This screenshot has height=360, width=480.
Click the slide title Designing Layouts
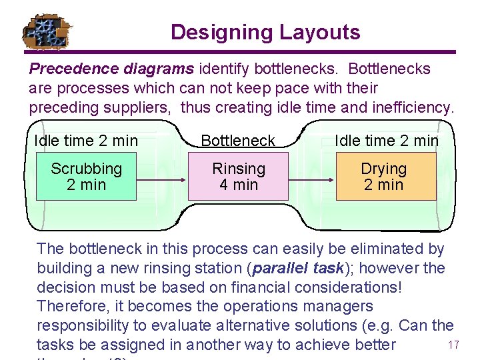pyautogui.click(x=265, y=32)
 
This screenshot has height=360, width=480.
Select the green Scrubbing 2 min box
pyautogui.click(x=86, y=177)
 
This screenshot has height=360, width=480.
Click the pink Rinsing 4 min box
pyautogui.click(x=238, y=177)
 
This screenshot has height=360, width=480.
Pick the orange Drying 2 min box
pyautogui.click(x=384, y=177)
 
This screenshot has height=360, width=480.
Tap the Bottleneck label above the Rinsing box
pyautogui.click(x=238, y=141)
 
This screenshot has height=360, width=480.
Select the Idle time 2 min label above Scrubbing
pyautogui.click(x=86, y=141)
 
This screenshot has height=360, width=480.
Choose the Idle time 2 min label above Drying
pyautogui.click(x=387, y=141)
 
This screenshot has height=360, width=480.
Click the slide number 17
pyautogui.click(x=454, y=345)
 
